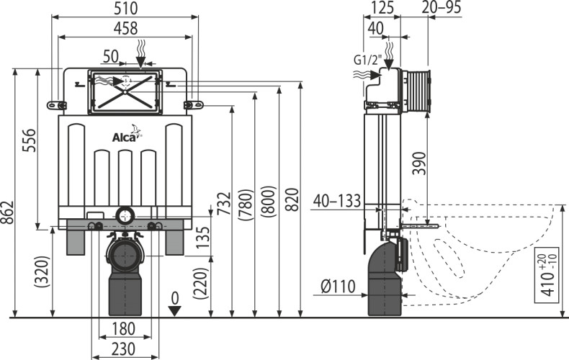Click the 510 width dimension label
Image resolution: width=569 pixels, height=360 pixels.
125,9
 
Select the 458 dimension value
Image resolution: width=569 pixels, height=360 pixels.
125,28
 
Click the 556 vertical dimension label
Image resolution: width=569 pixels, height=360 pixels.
29,140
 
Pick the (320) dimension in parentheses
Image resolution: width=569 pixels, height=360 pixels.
41,273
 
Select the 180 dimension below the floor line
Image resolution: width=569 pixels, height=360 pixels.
123,329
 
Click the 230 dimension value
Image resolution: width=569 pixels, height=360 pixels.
123,348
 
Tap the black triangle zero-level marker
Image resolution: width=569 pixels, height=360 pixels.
175,310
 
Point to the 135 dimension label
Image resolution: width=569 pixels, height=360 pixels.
203,237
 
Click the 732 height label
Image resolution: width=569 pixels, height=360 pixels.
225,204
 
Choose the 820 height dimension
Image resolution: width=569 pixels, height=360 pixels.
293,199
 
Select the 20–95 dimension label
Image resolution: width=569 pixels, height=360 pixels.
442,8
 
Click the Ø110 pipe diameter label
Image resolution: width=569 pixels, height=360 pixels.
339,287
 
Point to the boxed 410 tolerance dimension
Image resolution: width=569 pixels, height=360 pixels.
550,276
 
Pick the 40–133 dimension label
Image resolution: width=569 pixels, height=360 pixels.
337,201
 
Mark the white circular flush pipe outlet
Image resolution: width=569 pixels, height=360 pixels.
125,215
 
